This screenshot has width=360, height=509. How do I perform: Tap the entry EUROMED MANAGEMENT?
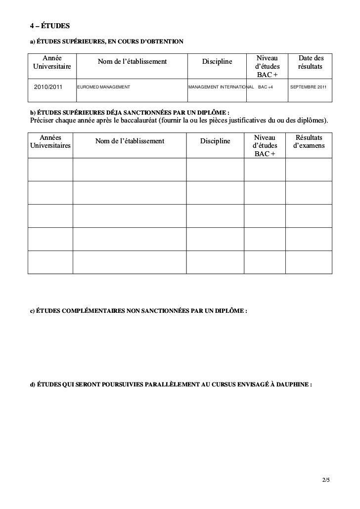point(103,87)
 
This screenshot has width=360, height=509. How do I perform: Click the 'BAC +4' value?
point(265,87)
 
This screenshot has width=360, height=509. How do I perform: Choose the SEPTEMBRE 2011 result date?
point(308,87)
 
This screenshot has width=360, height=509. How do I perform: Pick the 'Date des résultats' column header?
point(311,62)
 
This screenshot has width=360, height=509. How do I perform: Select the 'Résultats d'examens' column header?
point(309,141)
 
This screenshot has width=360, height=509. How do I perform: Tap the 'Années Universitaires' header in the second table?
point(50,141)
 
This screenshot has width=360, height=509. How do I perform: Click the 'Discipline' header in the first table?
point(217,62)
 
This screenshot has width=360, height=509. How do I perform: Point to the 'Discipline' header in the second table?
point(215,141)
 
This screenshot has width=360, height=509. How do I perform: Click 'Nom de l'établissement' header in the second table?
point(130,141)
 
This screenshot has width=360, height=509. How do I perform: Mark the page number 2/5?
point(325,480)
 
